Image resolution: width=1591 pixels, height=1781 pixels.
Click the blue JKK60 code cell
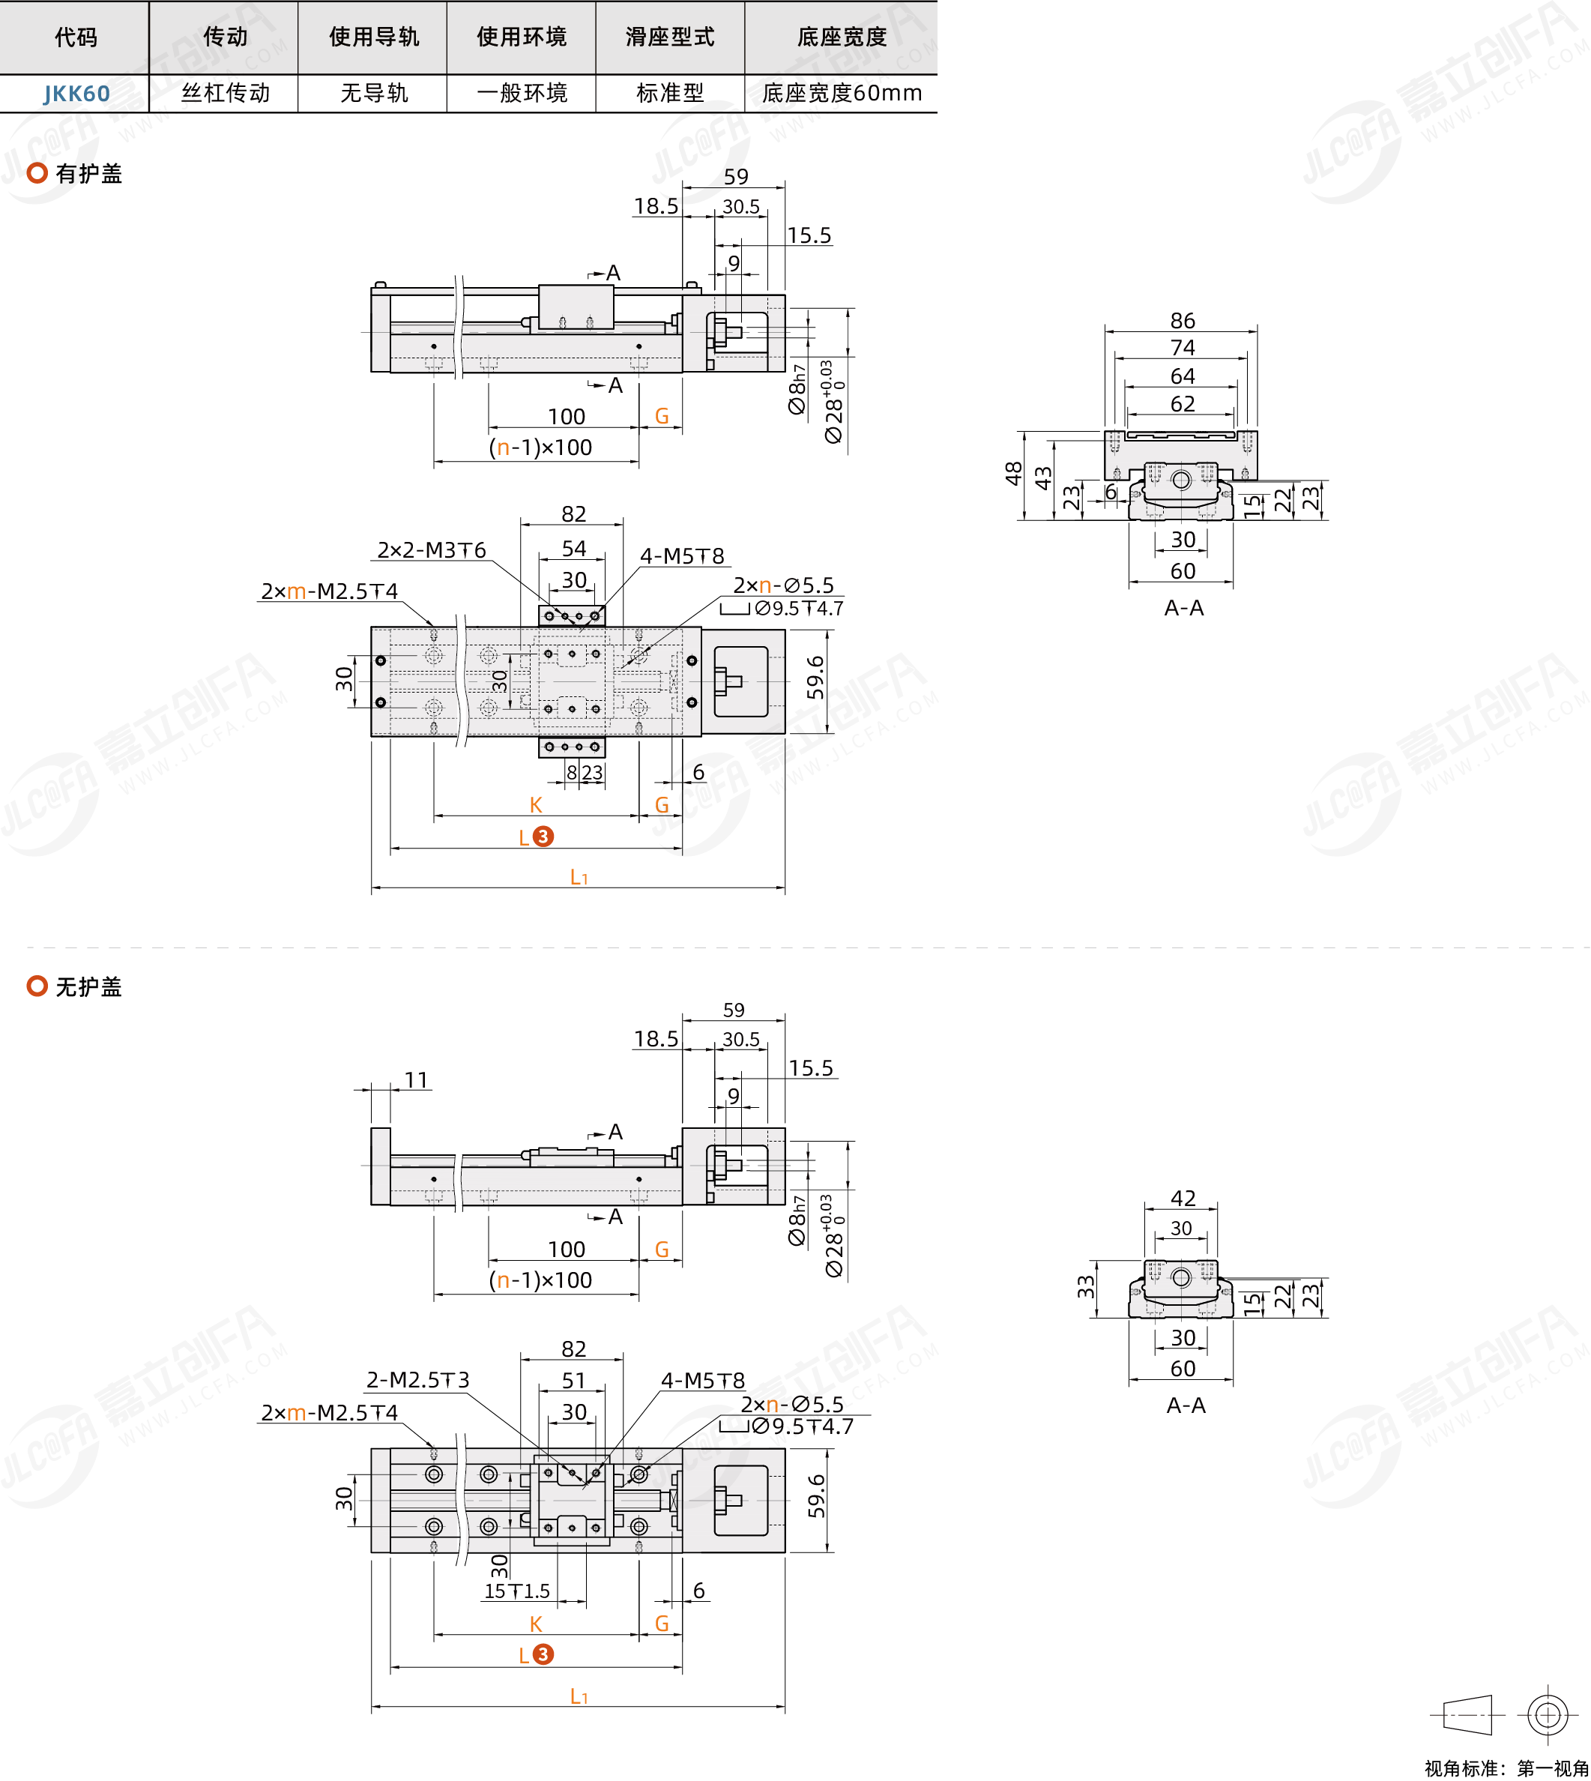tap(77, 94)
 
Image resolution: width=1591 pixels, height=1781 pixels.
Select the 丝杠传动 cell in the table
tap(226, 93)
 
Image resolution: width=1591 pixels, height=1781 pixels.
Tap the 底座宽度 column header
tap(841, 37)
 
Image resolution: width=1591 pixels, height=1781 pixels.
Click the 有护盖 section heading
tap(88, 174)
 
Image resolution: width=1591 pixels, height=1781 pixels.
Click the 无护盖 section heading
tap(88, 987)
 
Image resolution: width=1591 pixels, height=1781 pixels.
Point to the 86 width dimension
tap(1182, 321)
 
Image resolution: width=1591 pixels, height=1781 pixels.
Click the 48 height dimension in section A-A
tap(1013, 474)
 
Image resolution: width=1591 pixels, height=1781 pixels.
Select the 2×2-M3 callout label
tap(431, 550)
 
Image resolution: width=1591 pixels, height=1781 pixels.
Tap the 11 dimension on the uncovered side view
tap(416, 1080)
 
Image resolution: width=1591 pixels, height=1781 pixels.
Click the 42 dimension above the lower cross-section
tap(1183, 1198)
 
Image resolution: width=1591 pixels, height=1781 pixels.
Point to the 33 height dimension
tap(1085, 1286)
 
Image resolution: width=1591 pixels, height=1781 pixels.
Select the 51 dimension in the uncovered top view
tap(573, 1381)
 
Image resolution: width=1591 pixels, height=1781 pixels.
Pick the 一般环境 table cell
tap(522, 93)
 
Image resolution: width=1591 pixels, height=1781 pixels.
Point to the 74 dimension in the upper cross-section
tap(1182, 348)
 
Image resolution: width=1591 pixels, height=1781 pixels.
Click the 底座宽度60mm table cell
tap(841, 93)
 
